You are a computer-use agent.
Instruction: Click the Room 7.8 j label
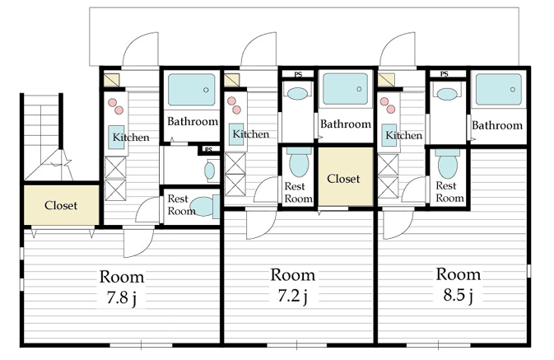122,287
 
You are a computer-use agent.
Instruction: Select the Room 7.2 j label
293,285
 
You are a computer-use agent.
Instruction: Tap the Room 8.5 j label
459,284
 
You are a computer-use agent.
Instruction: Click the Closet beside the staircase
62,205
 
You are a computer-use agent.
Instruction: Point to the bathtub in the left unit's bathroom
192,90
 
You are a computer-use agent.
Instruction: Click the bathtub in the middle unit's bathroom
345,89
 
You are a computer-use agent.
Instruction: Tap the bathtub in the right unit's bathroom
499,90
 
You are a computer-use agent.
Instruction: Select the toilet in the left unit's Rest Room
205,207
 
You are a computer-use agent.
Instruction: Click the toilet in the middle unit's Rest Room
299,162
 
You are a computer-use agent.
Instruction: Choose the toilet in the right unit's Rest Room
448,163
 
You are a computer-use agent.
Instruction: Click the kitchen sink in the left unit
116,137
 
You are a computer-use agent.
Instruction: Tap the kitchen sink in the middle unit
236,134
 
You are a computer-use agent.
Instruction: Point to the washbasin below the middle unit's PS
297,93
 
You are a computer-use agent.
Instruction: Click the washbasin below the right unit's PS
447,94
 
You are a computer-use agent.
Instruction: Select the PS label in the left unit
208,150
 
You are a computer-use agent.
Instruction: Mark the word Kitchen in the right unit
404,135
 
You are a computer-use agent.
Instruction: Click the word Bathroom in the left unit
193,121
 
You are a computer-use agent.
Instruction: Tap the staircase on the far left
43,138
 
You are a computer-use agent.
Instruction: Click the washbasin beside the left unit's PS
210,171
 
